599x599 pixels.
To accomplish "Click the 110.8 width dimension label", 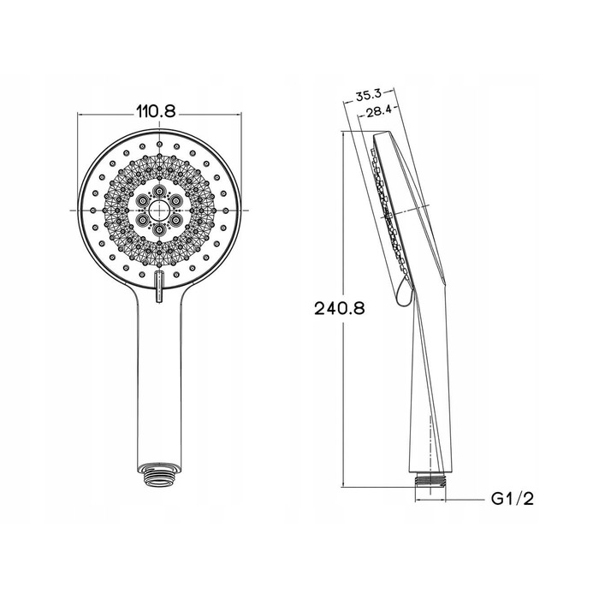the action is (156, 111).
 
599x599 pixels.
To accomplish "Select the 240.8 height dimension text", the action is (340, 308).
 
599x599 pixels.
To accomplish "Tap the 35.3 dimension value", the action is (368, 95).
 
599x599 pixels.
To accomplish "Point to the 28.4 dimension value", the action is (378, 111).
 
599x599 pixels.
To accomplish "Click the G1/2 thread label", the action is (513, 499).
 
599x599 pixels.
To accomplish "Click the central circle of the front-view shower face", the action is (159, 211).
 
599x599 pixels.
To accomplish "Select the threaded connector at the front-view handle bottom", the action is (159, 475).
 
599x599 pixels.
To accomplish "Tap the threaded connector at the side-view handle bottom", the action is (430, 480).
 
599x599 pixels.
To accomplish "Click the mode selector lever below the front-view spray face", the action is (159, 286).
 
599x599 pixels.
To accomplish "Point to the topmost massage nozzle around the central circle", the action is (159, 191).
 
